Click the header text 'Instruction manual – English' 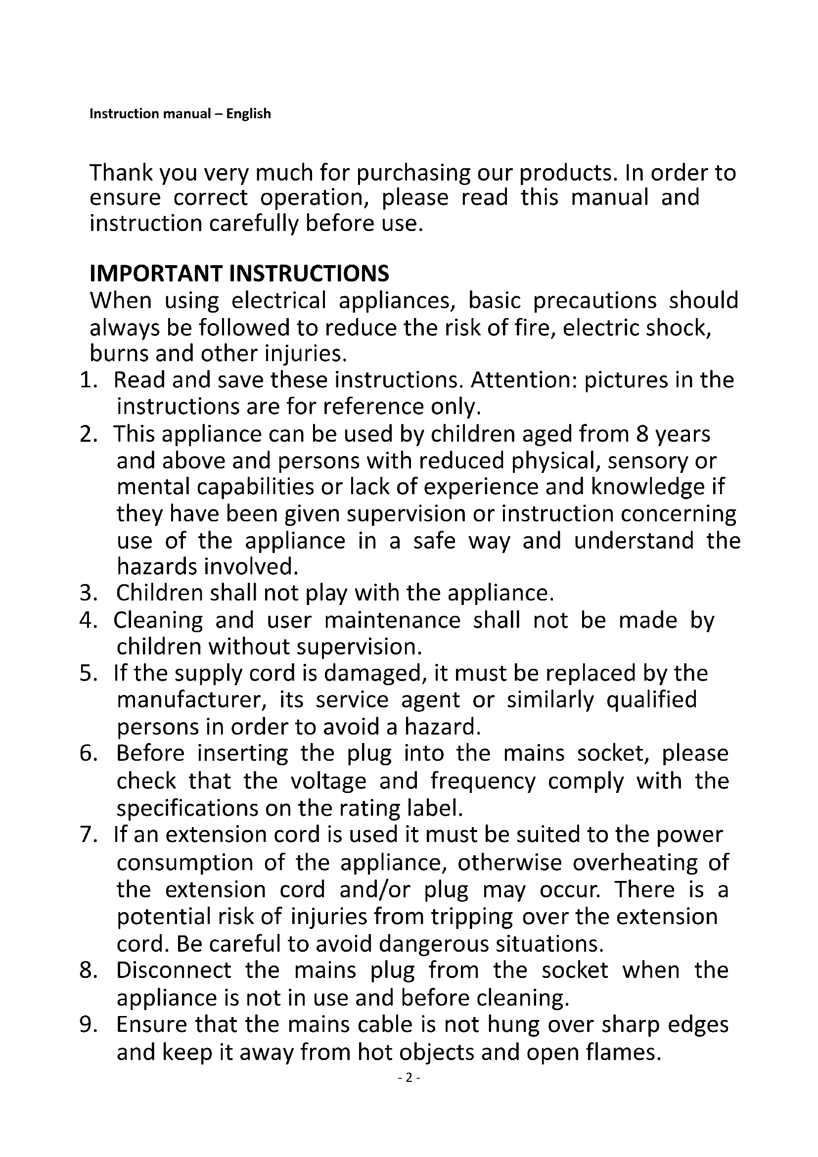pyautogui.click(x=180, y=114)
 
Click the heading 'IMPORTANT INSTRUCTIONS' pyautogui.click(x=239, y=274)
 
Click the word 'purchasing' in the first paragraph pyautogui.click(x=413, y=174)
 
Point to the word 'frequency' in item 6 pyautogui.click(x=483, y=782)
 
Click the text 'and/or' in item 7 pyautogui.click(x=375, y=890)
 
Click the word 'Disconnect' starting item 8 pyautogui.click(x=174, y=971)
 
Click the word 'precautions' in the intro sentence pyautogui.click(x=594, y=301)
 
